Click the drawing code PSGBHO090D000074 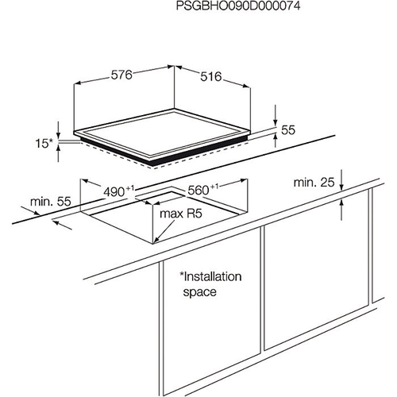(238, 6)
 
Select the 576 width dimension (121, 75)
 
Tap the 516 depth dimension (210, 77)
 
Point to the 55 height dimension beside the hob (288, 130)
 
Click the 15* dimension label (44, 143)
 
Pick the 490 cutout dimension (114, 192)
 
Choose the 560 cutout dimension (198, 191)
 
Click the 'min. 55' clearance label (51, 202)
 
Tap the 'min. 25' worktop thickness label (314, 183)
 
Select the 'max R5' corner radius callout (181, 214)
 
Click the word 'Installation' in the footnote (210, 276)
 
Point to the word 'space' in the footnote (200, 292)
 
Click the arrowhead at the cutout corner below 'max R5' (156, 240)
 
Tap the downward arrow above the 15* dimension (58, 131)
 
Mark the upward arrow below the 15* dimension (58, 153)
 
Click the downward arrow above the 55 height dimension (276, 115)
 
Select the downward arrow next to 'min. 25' (341, 180)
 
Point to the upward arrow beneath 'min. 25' (341, 210)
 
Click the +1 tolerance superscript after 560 (214, 187)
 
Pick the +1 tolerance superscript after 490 (130, 188)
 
